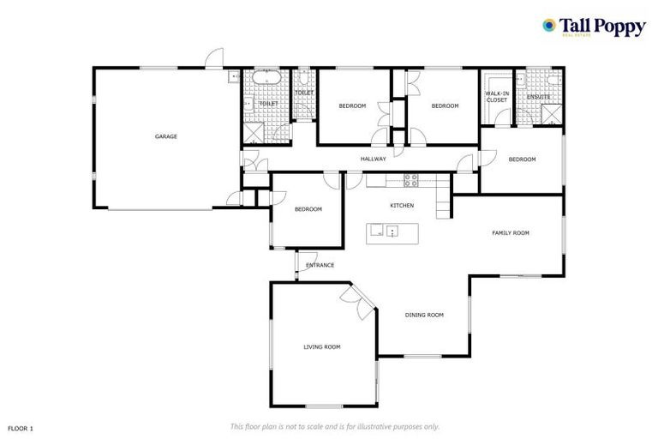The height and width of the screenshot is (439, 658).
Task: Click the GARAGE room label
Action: tap(165, 136)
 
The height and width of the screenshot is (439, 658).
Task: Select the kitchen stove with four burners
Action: tap(411, 180)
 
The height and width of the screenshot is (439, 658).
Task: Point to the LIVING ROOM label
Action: tap(321, 346)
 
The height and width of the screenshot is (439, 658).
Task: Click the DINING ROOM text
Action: tap(424, 316)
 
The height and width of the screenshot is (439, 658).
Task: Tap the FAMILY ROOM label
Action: tap(510, 233)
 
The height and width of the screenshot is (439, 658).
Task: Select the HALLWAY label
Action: tap(373, 159)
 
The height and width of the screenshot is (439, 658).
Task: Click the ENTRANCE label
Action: tap(320, 265)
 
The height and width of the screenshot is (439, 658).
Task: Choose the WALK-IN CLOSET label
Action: tap(496, 97)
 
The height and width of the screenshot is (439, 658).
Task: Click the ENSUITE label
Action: tap(538, 97)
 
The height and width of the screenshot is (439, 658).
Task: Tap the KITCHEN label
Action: tap(402, 206)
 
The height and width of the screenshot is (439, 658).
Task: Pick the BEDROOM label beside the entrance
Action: tap(308, 209)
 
